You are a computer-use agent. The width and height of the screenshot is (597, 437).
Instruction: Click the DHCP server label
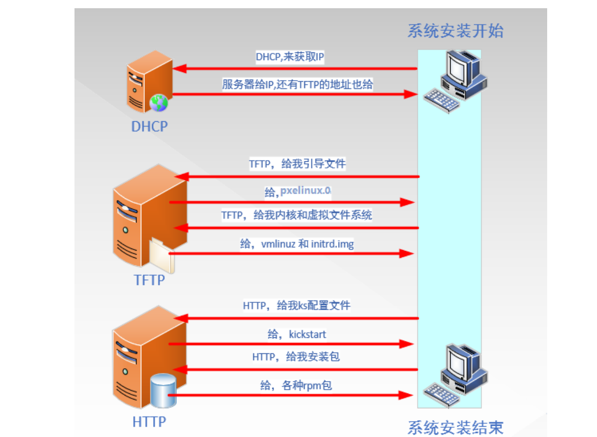point(150,126)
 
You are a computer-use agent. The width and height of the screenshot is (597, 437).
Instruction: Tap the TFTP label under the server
point(150,280)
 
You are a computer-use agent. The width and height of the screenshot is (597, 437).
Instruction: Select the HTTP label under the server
point(150,422)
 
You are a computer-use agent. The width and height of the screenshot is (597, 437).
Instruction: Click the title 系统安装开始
point(455,31)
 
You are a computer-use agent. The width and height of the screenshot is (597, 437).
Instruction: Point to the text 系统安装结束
point(455,427)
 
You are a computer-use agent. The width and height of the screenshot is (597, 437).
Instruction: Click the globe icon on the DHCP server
point(159,103)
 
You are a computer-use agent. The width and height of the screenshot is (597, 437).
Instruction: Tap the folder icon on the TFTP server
point(162,255)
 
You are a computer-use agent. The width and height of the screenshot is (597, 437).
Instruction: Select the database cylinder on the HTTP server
point(164,392)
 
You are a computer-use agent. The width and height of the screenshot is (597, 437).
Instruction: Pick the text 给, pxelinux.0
point(298,192)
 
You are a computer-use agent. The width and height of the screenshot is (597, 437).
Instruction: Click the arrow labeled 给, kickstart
point(291,344)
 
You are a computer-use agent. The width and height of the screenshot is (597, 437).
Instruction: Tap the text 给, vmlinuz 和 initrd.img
point(297,244)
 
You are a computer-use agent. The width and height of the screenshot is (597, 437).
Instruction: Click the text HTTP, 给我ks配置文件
point(296,306)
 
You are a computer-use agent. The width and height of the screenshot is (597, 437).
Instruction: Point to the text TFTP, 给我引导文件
point(297,164)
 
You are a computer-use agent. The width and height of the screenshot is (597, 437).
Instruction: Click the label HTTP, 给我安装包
point(296,356)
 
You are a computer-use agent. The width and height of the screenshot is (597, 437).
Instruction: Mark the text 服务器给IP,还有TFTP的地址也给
point(297,85)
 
